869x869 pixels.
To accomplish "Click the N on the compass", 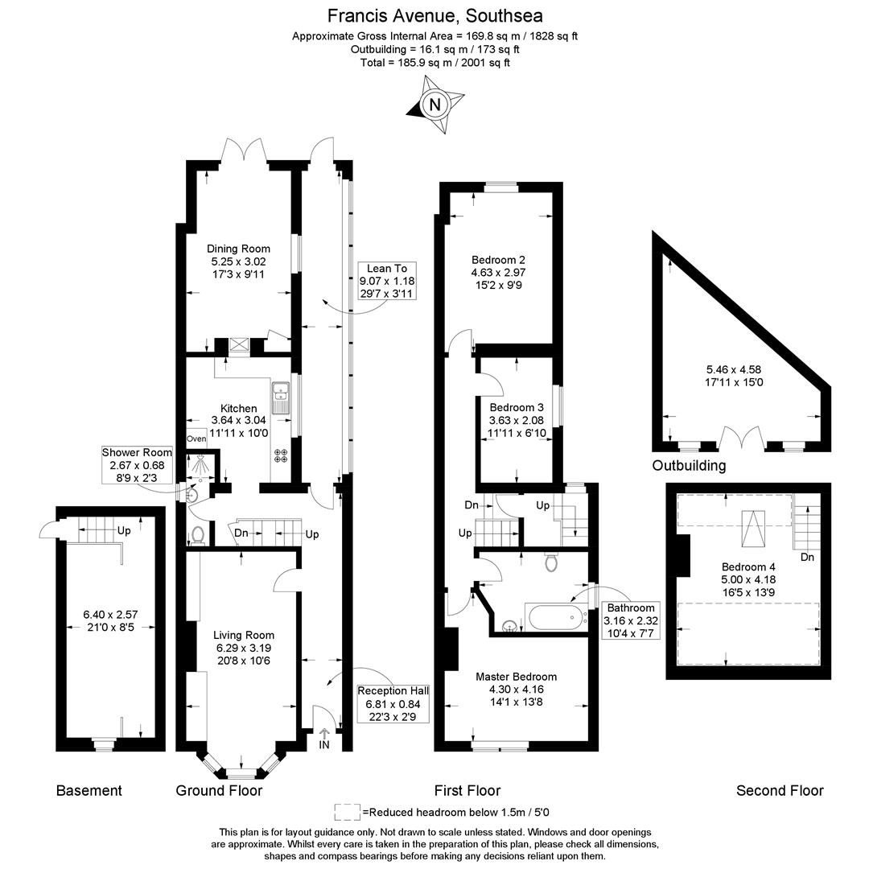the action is coord(435,104).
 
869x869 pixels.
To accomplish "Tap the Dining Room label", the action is coord(238,249).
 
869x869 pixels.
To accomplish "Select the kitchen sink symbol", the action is coord(281,398).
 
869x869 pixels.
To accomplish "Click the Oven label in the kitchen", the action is coord(196,439).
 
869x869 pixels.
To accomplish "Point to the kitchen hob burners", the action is coord(281,455).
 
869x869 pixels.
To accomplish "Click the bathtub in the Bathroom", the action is coord(557,617).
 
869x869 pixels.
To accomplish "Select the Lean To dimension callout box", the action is coord(387,281).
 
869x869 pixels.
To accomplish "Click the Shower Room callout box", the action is coord(137,465).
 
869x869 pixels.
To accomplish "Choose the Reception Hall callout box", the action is coord(393,704).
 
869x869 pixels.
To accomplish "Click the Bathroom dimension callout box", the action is coord(631,620).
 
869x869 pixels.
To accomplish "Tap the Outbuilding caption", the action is coord(689,465).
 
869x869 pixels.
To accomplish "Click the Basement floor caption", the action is coord(89,790).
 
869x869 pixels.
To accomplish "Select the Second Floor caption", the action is coord(780,790).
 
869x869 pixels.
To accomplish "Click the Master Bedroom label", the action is coord(516,676).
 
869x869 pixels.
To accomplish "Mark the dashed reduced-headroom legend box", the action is coord(348,812).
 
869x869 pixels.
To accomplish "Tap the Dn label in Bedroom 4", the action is coord(808,557).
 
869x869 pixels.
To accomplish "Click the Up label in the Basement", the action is coord(124,530).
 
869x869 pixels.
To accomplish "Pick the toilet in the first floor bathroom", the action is coord(551,562).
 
